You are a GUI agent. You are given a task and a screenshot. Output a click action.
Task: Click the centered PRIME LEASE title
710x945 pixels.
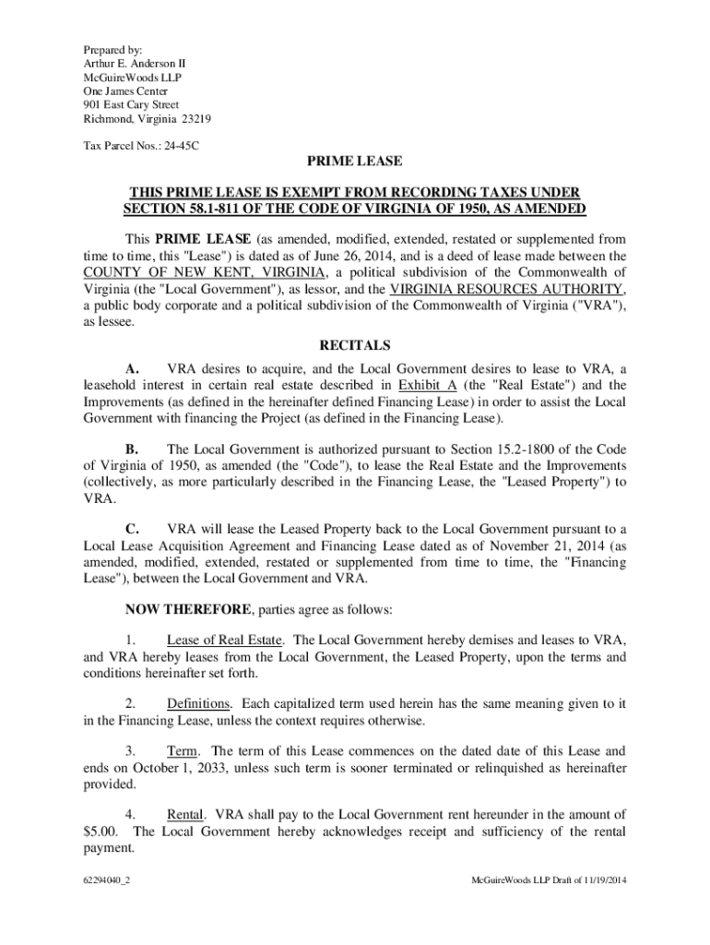coord(355,161)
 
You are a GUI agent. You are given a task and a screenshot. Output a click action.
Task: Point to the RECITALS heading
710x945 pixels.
coord(355,346)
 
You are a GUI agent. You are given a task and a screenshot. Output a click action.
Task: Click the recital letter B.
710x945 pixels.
coord(132,449)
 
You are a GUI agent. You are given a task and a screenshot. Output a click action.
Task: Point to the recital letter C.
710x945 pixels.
coord(132,529)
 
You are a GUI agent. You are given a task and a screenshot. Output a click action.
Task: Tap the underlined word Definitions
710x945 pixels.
coord(198,703)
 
